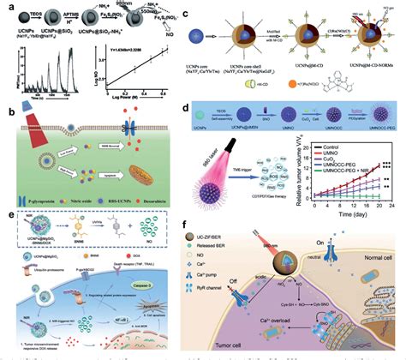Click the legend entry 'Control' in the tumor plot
[x=326, y=147]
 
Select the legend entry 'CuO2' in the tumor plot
[x=325, y=158]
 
